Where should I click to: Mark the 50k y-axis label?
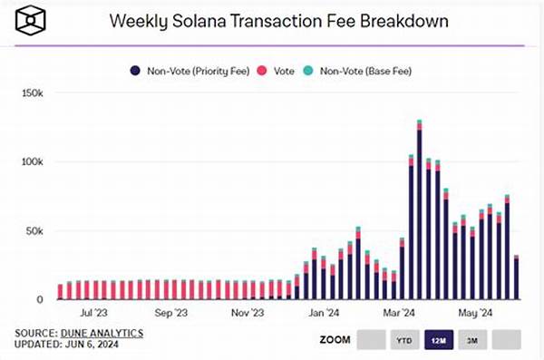[x=34, y=230]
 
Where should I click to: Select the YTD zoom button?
[x=405, y=339]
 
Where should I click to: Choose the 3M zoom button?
[x=472, y=339]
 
